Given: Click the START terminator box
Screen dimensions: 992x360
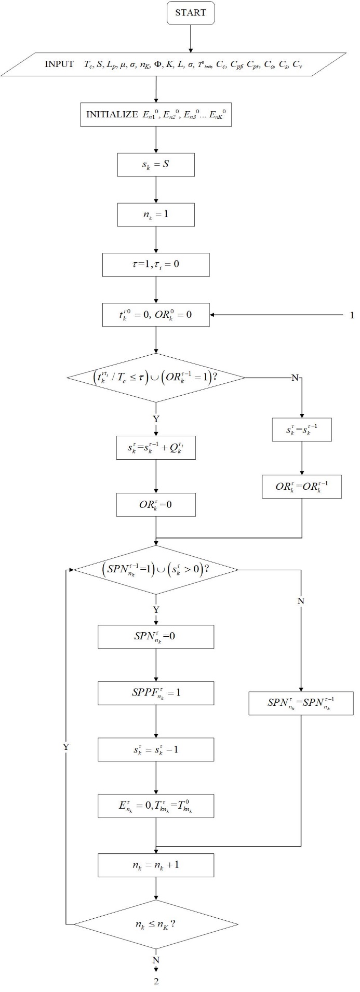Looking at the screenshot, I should tap(191, 14).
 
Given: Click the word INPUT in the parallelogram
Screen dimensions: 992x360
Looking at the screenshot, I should tap(59, 64).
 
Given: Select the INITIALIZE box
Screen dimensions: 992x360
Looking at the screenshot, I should tap(156, 115).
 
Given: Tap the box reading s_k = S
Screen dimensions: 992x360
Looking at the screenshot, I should tap(156, 165).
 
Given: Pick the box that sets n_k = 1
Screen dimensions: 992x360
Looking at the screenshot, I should tap(156, 214).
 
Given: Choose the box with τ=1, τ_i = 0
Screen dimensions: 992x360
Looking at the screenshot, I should tap(156, 264).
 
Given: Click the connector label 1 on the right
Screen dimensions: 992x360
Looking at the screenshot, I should tap(352, 315).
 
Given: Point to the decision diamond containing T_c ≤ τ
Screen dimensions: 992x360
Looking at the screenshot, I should tap(156, 378).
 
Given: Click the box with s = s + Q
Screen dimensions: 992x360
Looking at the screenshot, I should tap(156, 447).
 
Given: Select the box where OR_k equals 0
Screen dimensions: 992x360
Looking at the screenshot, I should tap(156, 504).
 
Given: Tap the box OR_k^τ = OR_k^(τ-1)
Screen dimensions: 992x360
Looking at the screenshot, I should tap(301, 487).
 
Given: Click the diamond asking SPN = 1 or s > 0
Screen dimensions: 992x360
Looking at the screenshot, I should tap(156, 569).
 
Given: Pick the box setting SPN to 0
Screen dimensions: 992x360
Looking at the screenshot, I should tap(156, 636).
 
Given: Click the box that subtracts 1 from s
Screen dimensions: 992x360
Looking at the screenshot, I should tap(156, 749).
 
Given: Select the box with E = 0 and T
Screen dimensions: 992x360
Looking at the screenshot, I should tap(156, 806).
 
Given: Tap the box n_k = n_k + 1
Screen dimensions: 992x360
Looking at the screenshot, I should tap(156, 865).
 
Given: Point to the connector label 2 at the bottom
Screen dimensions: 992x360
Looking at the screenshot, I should tap(156, 981).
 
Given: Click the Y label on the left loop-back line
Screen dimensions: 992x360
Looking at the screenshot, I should tap(66, 746).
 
